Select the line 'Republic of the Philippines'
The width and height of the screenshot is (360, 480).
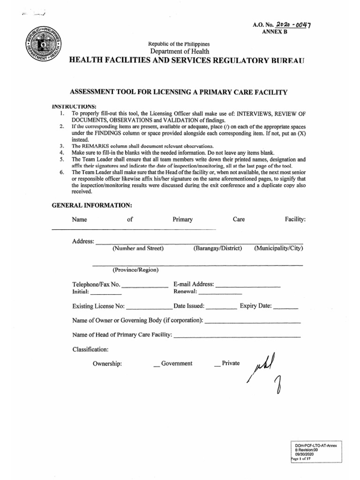[180, 44]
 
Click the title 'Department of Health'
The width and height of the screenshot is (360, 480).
[180, 51]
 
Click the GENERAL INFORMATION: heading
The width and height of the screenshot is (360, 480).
[92, 205]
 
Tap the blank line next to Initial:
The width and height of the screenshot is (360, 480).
[106, 293]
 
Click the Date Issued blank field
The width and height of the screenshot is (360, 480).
[221, 308]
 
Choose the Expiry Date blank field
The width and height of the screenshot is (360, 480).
[285, 308]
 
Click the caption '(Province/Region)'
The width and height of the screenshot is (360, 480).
[135, 270]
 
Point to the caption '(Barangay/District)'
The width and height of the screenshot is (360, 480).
[217, 248]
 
